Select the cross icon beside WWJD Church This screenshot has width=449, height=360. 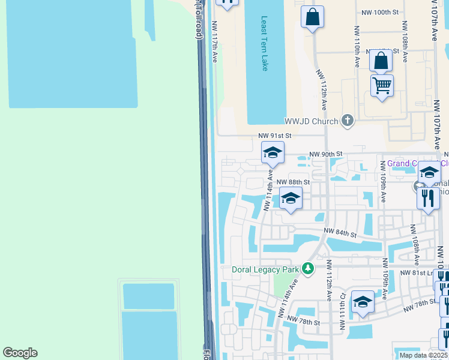tap(347, 121)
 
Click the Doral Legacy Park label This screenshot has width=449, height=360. tap(265, 269)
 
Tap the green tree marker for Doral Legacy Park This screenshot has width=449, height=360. tap(308, 268)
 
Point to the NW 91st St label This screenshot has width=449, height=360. tap(274, 136)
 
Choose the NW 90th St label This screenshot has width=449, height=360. tap(325, 154)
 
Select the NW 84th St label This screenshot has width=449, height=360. tap(340, 232)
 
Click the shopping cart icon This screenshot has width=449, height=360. tap(382, 86)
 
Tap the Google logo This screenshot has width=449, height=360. tap(20, 353)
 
